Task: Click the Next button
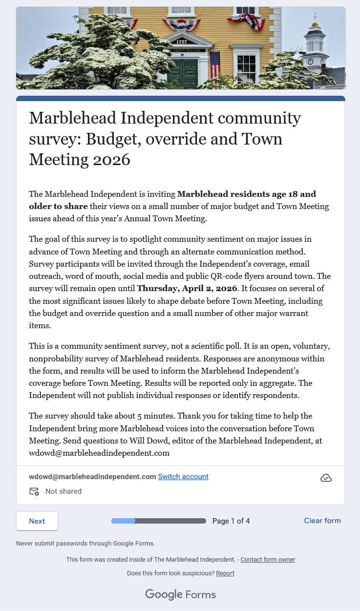37,521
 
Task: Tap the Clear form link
322,521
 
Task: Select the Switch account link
183,477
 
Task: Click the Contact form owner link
268,560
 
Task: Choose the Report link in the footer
225,573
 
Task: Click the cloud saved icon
326,478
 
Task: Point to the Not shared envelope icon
34,491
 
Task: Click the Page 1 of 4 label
231,521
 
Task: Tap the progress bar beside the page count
159,521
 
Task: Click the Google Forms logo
180,594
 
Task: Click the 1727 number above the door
182,42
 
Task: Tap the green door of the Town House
182,73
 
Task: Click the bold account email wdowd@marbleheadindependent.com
92,477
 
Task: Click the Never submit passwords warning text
85,543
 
